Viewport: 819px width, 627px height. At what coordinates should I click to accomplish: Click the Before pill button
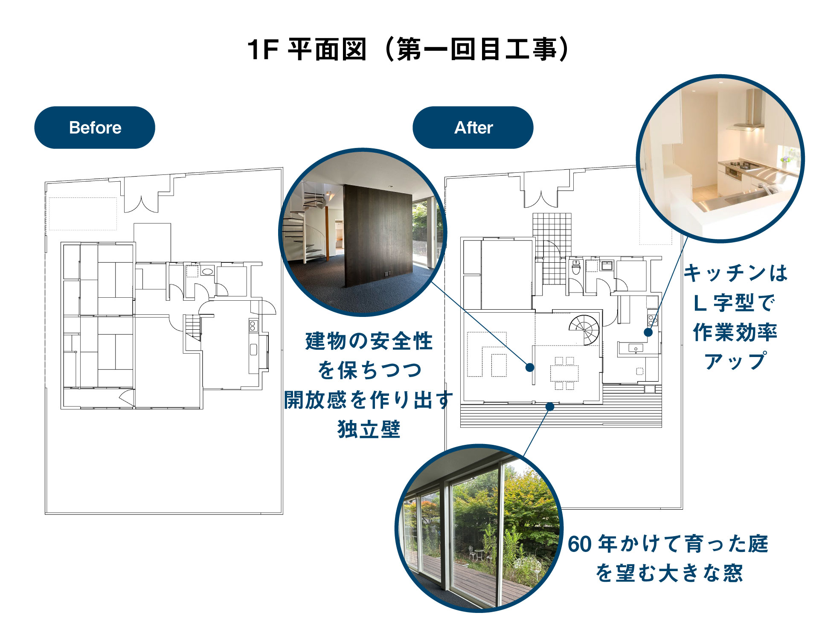[x=95, y=128]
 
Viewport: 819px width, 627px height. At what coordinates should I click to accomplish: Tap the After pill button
[x=473, y=128]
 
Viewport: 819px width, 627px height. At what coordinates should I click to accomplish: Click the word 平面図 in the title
[x=327, y=49]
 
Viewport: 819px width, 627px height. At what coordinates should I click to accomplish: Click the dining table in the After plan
[x=564, y=373]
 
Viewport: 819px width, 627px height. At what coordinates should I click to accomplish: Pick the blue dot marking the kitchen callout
[x=648, y=332]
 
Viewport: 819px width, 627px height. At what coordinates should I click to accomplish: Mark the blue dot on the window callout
[x=550, y=406]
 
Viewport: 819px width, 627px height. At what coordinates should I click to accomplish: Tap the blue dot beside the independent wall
[x=530, y=367]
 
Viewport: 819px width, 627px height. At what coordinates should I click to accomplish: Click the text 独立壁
[x=369, y=429]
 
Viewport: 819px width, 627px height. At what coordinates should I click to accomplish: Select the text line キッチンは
[x=735, y=273]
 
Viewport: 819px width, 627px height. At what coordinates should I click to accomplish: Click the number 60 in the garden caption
[x=580, y=544]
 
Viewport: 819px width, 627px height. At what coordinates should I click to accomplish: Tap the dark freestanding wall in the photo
[x=378, y=235]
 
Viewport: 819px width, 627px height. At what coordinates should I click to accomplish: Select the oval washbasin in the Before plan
[x=208, y=271]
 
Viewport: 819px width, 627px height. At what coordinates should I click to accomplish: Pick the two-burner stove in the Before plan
[x=253, y=326]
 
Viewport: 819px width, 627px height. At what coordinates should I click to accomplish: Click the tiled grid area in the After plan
[x=552, y=247]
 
